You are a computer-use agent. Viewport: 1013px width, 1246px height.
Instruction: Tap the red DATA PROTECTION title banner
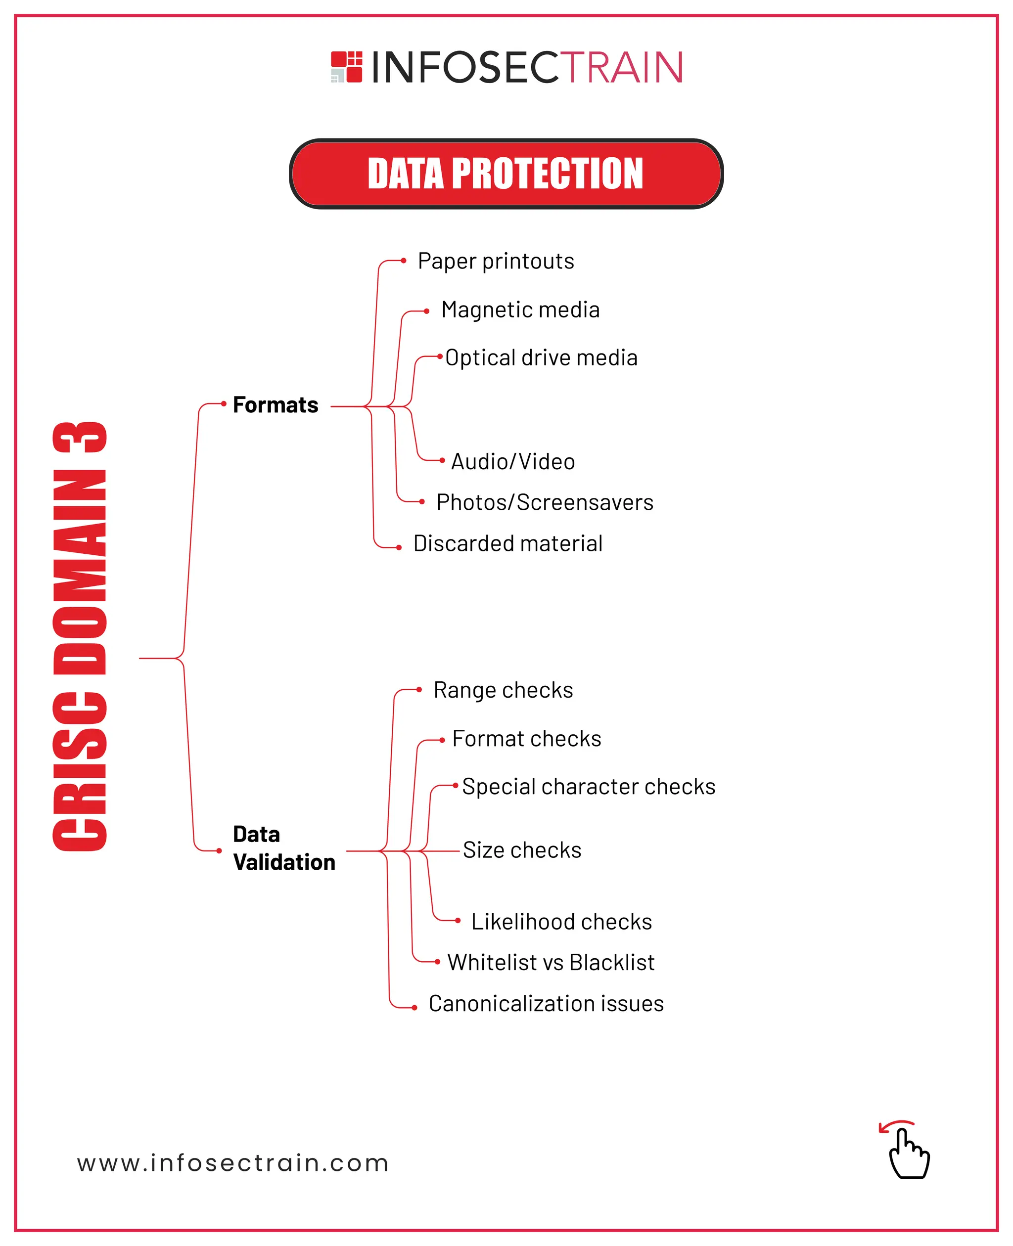pos(506,174)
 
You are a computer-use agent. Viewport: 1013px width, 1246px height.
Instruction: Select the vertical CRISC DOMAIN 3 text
pos(80,636)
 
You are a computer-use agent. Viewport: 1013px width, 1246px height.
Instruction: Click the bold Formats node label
pos(276,405)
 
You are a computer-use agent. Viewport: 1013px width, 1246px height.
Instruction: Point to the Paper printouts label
pos(496,262)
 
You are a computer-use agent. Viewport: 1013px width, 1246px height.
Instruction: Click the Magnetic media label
pos(520,310)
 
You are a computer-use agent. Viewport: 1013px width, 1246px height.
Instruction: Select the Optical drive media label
pos(542,358)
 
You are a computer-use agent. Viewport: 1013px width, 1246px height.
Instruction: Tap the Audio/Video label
pos(513,462)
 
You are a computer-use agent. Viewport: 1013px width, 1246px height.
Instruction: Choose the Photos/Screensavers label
pos(545,503)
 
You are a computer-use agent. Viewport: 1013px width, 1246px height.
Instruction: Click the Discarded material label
pos(507,544)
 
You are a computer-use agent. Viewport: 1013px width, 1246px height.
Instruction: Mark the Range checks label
pos(503,691)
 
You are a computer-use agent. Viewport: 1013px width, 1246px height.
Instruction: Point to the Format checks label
pos(526,739)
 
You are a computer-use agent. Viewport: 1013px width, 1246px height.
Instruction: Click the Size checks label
pos(522,850)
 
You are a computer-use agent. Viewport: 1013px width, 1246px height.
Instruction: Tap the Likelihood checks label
pos(561,922)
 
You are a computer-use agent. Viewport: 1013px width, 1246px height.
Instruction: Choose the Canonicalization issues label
pos(546,1004)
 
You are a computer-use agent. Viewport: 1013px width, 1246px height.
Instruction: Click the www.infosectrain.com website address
pos(233,1163)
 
